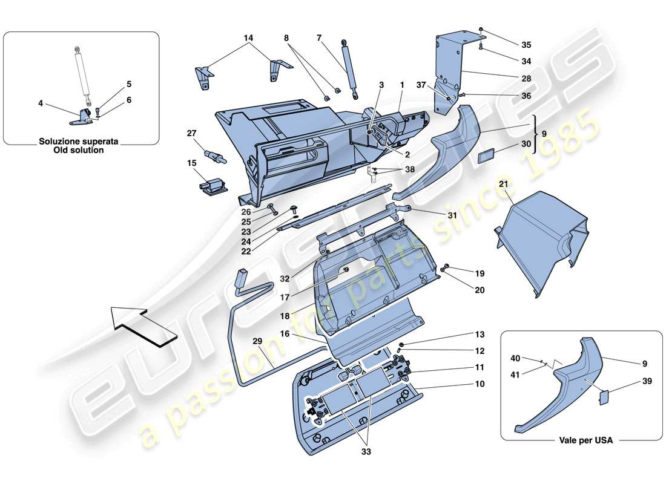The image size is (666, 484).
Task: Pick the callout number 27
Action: point(192,133)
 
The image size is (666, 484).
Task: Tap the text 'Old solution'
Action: point(79,150)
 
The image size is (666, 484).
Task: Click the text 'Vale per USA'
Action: point(585,441)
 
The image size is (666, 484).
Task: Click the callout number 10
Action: point(480,384)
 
